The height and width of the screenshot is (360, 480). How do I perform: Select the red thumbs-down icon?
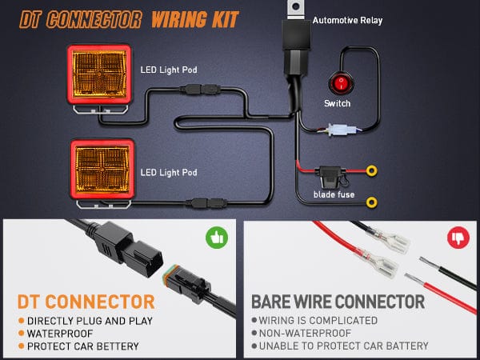pos(458,238)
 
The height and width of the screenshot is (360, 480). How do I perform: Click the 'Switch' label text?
pos(337,103)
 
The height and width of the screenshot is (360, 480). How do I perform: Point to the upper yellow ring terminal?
pos(371,170)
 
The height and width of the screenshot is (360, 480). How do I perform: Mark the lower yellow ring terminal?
pos(371,200)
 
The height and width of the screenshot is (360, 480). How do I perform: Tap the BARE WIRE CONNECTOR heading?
pos(338,302)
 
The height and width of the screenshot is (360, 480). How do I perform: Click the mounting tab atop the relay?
pos(295,9)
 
